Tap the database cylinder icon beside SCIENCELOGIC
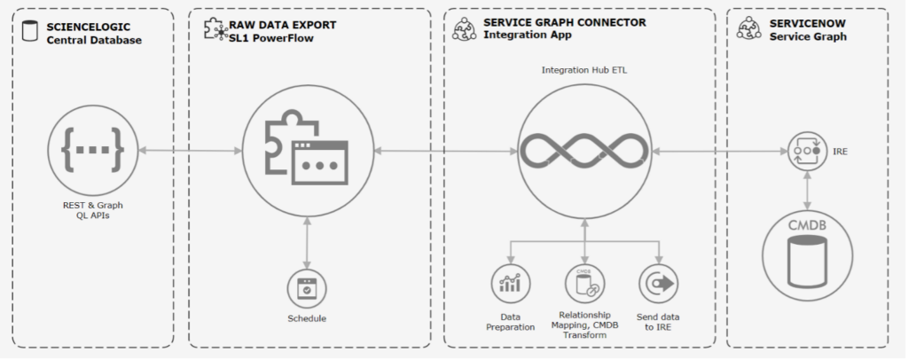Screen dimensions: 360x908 pos(31,33)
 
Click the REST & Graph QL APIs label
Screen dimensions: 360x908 pos(92,210)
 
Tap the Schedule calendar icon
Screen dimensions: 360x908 pos(307,288)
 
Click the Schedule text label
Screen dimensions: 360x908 pos(307,318)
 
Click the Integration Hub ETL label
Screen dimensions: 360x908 pos(584,68)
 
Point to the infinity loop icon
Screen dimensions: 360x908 pos(584,152)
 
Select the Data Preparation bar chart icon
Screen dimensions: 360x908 pos(510,284)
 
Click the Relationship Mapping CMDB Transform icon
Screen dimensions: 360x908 pos(584,284)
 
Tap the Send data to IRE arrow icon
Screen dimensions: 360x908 pos(658,284)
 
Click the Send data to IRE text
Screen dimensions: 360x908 pos(658,322)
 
